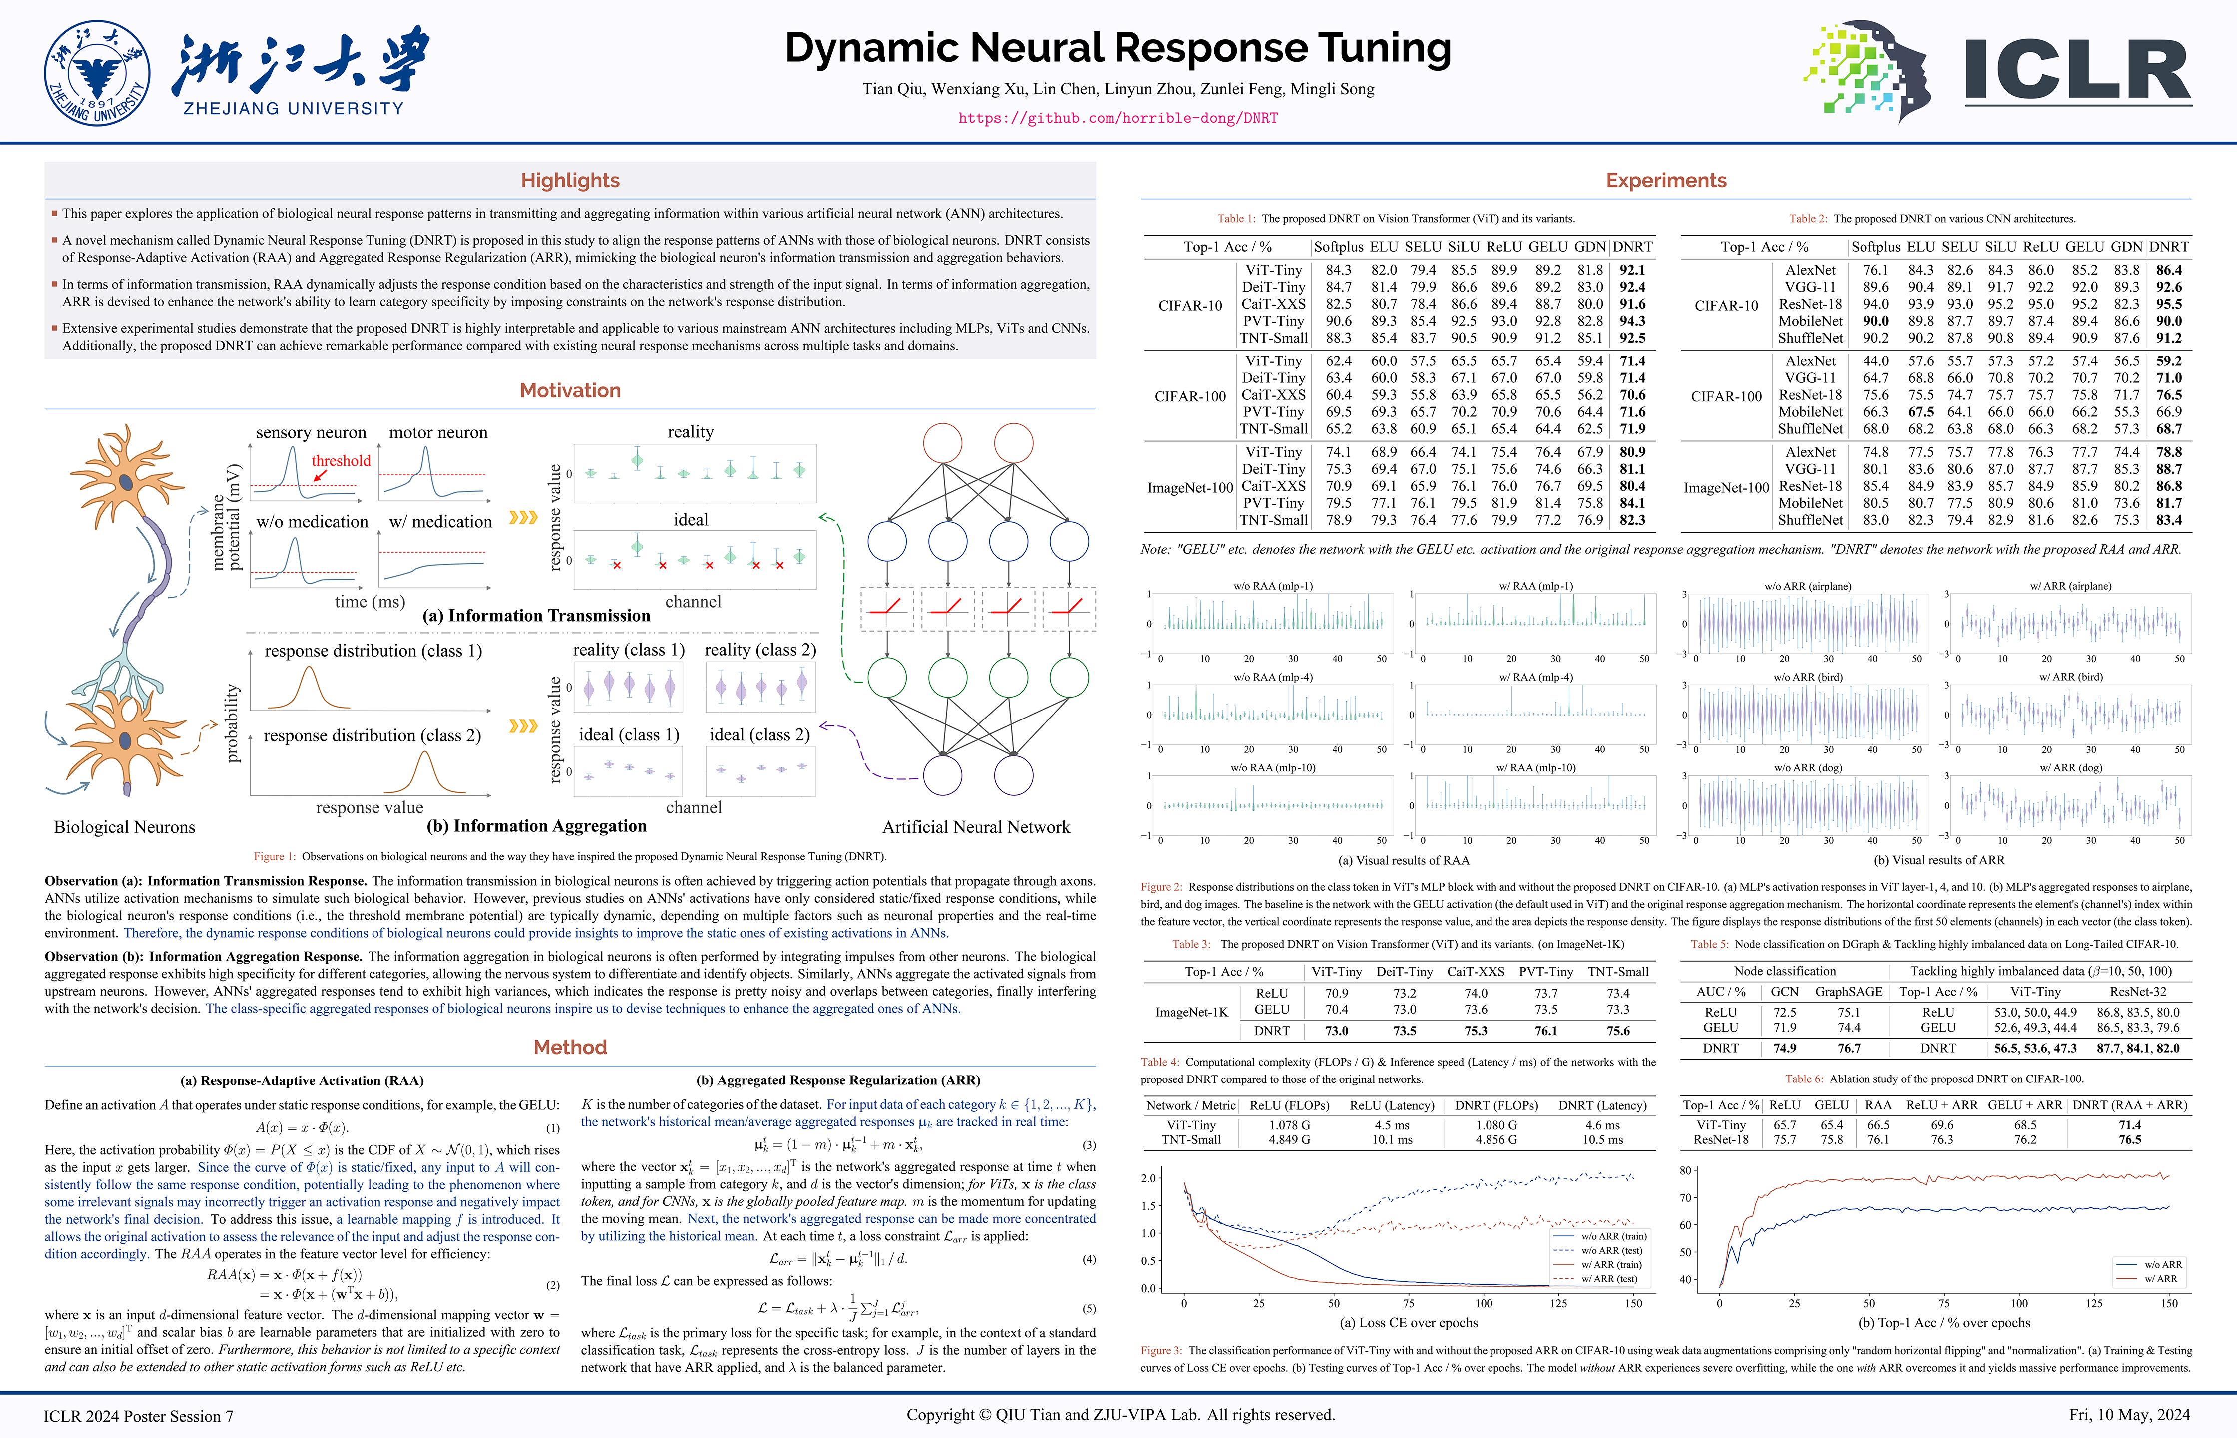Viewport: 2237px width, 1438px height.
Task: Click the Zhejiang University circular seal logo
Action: pyautogui.click(x=97, y=73)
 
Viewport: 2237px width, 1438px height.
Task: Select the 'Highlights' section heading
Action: pyautogui.click(x=570, y=180)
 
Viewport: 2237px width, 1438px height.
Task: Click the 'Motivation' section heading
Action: pyautogui.click(x=570, y=390)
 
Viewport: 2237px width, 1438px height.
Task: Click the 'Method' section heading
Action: pyautogui.click(x=570, y=1047)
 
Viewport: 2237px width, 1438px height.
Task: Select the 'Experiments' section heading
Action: pyautogui.click(x=1666, y=180)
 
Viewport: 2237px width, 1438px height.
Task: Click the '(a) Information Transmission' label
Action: pyautogui.click(x=536, y=615)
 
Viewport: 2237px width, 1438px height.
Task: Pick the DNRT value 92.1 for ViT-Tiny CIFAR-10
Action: pyautogui.click(x=1632, y=270)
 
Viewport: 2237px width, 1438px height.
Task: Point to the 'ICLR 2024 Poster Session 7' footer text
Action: pyautogui.click(x=138, y=1416)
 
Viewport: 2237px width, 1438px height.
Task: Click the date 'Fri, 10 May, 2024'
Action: pyautogui.click(x=2129, y=1415)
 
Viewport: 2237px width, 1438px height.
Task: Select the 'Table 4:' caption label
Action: pyautogui.click(x=1159, y=1062)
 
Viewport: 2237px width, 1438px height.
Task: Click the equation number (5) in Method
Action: pyautogui.click(x=1089, y=1308)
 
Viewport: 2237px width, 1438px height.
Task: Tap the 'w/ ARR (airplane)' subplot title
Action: pyautogui.click(x=2070, y=586)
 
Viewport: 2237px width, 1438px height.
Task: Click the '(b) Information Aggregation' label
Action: pyautogui.click(x=536, y=825)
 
